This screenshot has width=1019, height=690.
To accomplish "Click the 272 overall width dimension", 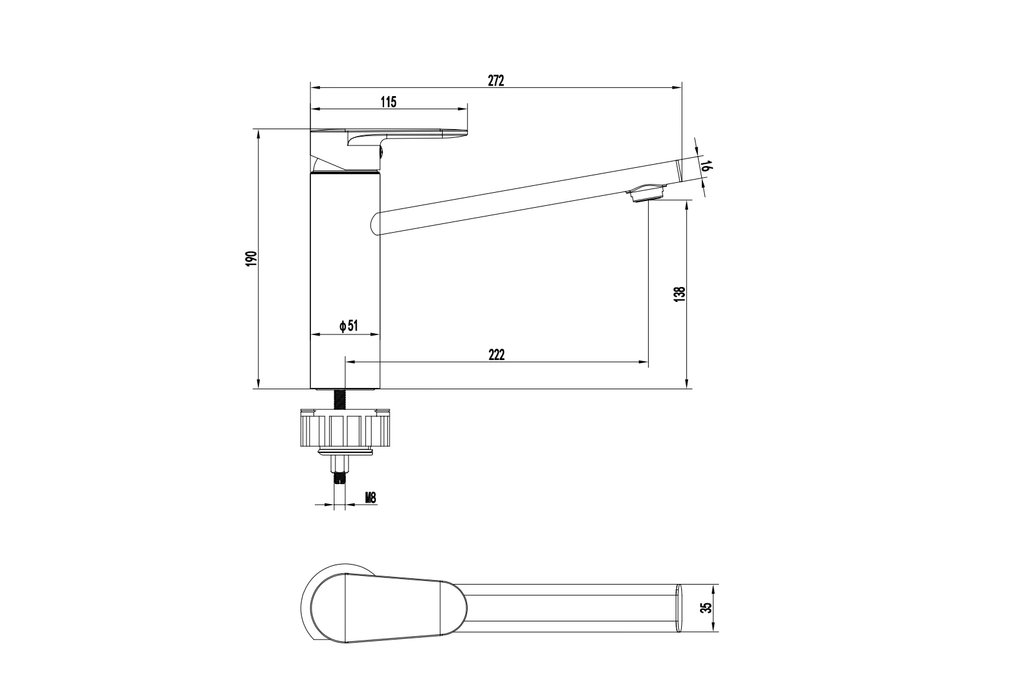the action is point(496,80).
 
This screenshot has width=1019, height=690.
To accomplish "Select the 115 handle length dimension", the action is point(388,102).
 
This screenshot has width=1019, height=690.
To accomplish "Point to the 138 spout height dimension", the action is point(679,294).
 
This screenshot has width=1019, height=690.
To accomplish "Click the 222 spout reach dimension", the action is point(496,354).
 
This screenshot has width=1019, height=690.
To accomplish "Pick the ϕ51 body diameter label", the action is point(349,326).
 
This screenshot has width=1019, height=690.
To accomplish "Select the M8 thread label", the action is point(371,498).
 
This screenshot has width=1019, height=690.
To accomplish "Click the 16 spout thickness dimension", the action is point(706,165).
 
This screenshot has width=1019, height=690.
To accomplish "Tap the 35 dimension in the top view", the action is point(706,608).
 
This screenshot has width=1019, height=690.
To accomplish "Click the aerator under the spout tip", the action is point(646,193).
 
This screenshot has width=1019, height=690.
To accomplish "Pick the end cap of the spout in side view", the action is point(680,170).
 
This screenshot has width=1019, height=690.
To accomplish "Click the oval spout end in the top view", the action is point(679,608).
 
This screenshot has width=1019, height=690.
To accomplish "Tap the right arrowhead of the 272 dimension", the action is point(677,87).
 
